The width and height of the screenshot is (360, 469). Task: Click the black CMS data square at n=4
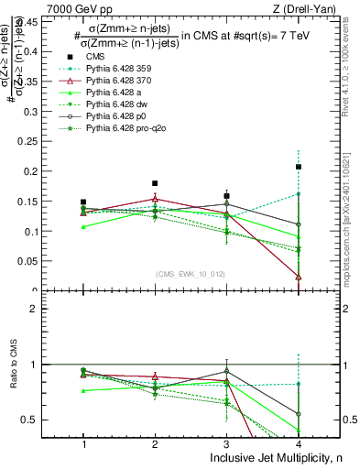click(299, 167)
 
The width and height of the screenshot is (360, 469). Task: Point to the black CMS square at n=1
click(83, 202)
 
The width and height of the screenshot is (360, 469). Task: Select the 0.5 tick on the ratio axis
click(39, 420)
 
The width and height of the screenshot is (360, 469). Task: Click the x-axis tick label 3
click(227, 444)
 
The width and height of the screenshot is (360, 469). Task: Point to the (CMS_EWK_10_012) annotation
click(191, 274)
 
